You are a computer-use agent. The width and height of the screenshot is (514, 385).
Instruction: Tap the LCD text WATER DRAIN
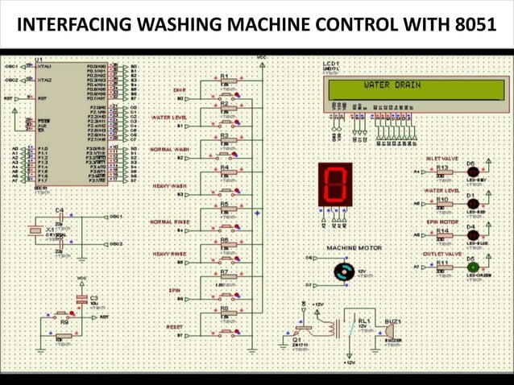click(392, 85)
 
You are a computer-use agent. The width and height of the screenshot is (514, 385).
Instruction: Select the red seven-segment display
click(334, 183)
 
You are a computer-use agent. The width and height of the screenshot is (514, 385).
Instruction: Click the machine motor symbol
click(344, 271)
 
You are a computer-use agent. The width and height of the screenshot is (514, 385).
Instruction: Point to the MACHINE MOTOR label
click(354, 247)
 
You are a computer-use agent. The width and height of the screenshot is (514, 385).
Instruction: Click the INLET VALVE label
click(441, 159)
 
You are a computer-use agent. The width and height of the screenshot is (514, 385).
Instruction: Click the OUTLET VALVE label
click(441, 254)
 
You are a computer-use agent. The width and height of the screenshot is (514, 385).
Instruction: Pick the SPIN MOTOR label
click(442, 221)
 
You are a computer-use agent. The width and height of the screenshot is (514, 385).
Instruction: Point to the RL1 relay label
click(364, 321)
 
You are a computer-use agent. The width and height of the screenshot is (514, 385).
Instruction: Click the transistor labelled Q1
click(302, 329)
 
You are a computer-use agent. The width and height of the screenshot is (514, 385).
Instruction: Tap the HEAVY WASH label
click(169, 186)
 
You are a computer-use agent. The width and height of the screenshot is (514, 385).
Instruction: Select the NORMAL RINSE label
click(169, 221)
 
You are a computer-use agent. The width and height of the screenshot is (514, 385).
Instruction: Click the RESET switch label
click(174, 326)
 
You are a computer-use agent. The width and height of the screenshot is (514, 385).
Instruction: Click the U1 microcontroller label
click(39, 60)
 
